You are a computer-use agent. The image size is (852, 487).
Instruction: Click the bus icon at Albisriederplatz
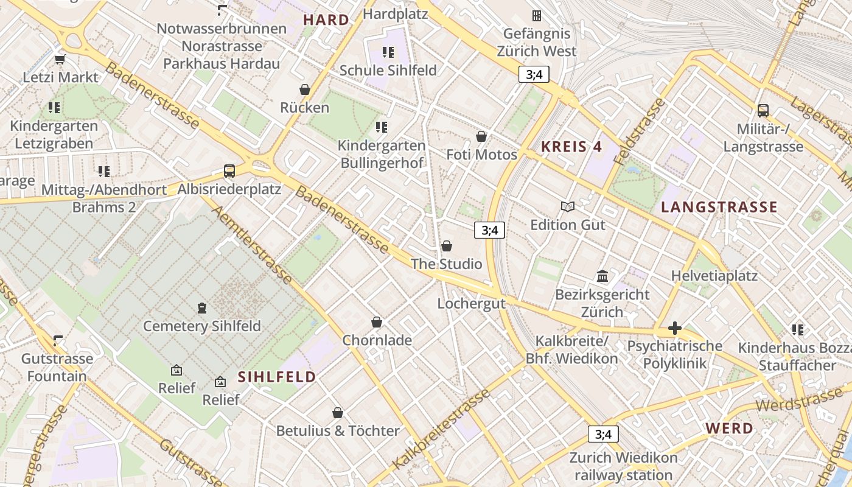229,171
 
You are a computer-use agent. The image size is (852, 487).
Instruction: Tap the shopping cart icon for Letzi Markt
60,59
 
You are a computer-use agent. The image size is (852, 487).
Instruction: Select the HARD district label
326,19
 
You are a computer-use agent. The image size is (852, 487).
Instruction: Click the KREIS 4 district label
571,146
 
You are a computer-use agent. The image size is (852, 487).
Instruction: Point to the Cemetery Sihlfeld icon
202,308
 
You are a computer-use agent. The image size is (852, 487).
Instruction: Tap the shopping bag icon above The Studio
447,246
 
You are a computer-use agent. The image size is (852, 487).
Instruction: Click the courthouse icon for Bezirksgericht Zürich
602,276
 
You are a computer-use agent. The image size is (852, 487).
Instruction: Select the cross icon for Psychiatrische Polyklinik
674,329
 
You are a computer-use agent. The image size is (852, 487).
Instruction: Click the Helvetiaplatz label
714,276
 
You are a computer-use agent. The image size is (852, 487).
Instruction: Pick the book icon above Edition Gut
568,207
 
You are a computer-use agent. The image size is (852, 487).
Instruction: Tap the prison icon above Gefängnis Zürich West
536,15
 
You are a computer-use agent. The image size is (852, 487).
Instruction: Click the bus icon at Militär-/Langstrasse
763,111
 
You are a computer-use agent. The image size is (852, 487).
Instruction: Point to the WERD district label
729,428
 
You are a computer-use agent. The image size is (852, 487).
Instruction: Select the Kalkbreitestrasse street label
441,429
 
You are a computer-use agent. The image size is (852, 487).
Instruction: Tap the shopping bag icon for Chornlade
377,322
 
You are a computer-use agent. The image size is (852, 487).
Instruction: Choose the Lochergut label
472,303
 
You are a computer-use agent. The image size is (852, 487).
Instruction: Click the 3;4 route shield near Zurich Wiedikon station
602,434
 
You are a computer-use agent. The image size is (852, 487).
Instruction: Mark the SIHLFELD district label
277,377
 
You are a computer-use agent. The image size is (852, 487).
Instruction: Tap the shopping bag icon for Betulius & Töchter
338,413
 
